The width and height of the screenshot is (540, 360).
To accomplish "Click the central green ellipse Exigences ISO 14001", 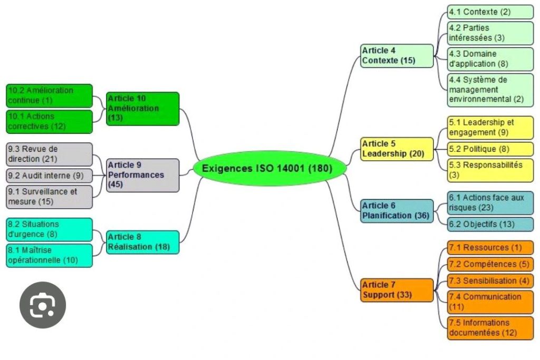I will [269, 169].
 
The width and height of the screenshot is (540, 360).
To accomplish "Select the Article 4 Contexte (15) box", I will [397, 55].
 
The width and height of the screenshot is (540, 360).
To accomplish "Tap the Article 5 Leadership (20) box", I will [397, 149].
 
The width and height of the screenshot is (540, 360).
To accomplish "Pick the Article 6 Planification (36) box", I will [397, 210].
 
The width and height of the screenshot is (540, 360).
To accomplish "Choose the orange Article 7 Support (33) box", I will [397, 289].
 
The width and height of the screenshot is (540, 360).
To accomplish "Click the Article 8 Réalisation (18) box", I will [142, 242].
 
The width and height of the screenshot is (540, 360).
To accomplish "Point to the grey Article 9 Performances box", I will [142, 175].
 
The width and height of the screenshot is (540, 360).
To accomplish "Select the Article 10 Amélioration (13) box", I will [142, 108].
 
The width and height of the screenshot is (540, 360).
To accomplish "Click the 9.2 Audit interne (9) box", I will [49, 175].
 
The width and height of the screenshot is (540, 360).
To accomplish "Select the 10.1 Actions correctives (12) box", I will [49, 121].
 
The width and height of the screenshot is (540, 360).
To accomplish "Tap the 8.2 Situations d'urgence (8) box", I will [49, 229].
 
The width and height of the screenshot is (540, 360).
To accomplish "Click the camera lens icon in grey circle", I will [43, 305].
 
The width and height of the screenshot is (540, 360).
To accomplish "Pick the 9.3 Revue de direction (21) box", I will [49, 154].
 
